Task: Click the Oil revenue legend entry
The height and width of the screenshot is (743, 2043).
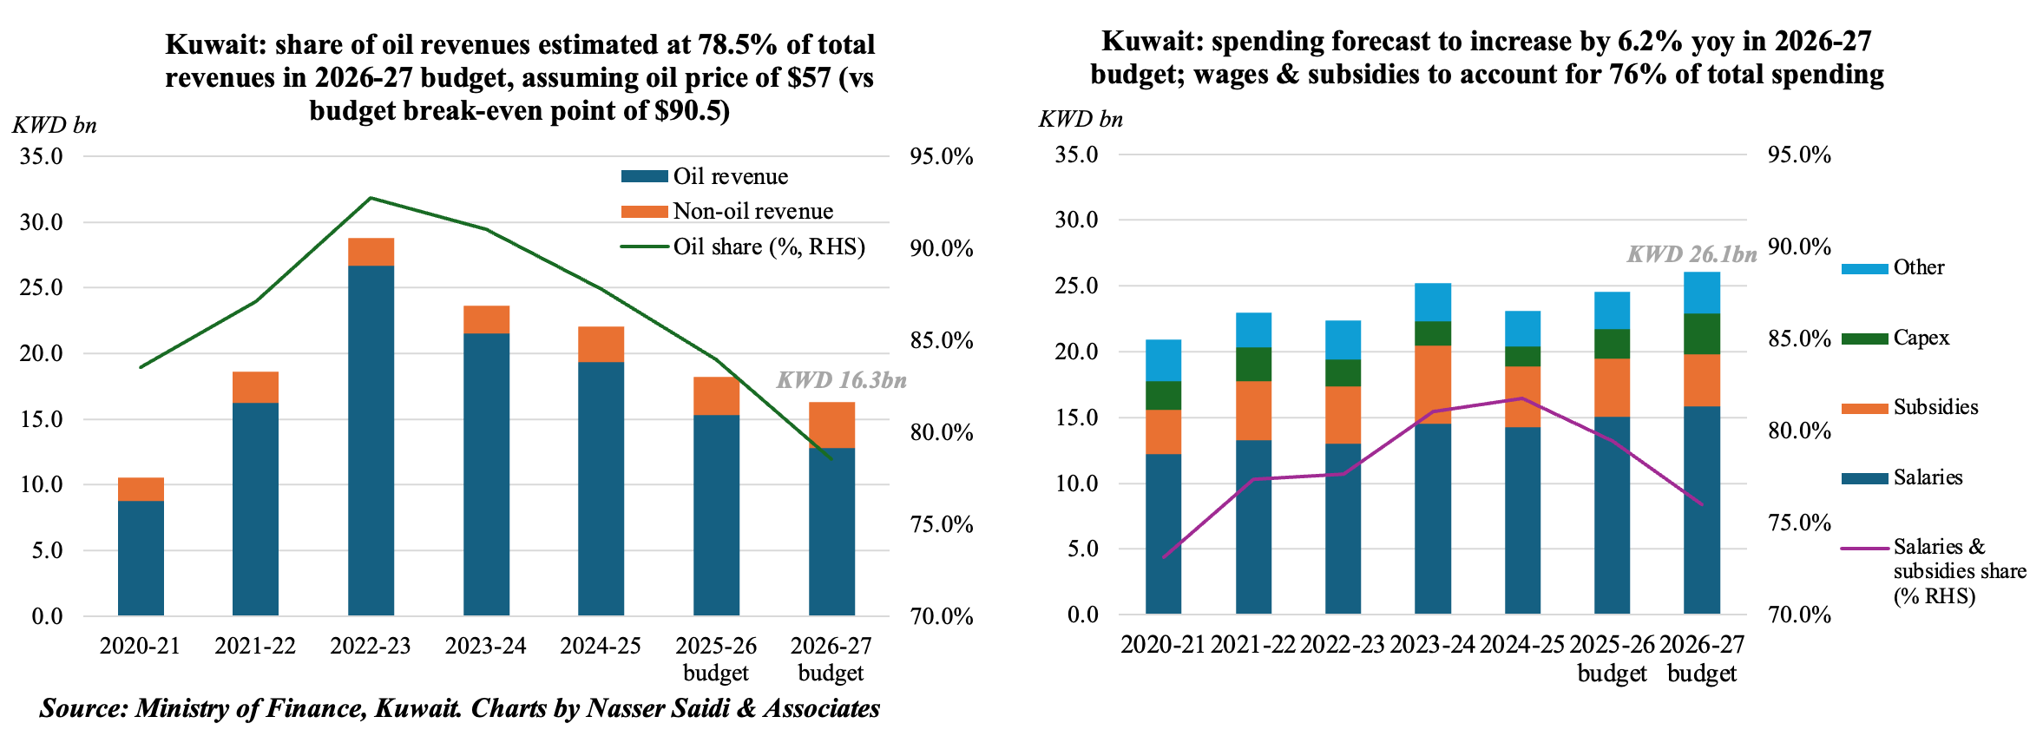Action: pyautogui.click(x=730, y=176)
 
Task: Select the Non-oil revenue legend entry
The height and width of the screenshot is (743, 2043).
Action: pyautogui.click(x=752, y=211)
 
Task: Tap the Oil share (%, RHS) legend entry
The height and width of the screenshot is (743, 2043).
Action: pyautogui.click(x=769, y=247)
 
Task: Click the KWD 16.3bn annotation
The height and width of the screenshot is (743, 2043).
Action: pyautogui.click(x=841, y=380)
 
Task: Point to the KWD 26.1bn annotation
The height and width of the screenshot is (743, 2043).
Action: pyautogui.click(x=1692, y=254)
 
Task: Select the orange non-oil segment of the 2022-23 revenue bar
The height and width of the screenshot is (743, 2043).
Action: pyautogui.click(x=371, y=252)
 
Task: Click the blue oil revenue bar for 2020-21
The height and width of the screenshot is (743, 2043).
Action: pyautogui.click(x=141, y=558)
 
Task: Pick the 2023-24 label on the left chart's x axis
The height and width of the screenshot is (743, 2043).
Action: pyautogui.click(x=485, y=646)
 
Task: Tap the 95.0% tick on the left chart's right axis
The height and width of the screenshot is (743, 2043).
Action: pyautogui.click(x=941, y=157)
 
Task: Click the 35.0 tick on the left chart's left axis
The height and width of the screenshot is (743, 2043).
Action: pyautogui.click(x=42, y=157)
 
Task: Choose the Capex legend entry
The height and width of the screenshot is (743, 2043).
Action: pyautogui.click(x=1921, y=338)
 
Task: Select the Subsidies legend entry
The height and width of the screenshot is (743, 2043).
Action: pyautogui.click(x=1935, y=407)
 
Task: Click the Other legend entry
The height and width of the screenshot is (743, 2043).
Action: pyautogui.click(x=1918, y=267)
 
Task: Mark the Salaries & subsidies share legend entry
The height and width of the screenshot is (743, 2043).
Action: pyautogui.click(x=1959, y=570)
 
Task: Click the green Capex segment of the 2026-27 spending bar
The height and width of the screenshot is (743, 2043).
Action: pyautogui.click(x=1702, y=334)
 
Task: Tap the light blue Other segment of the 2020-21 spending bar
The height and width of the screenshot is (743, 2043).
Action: pyautogui.click(x=1163, y=360)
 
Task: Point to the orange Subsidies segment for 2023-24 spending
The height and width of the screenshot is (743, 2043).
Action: pyautogui.click(x=1432, y=385)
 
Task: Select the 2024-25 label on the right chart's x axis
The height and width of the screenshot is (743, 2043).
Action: pyautogui.click(x=1521, y=644)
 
